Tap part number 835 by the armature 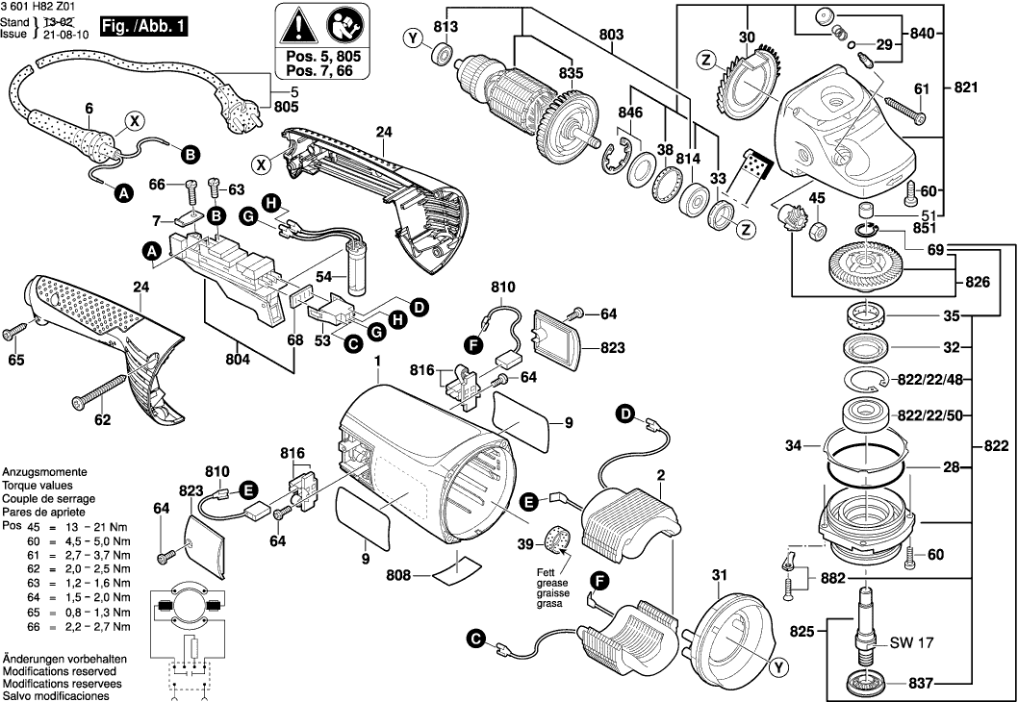click(x=571, y=72)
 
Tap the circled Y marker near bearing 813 click(x=413, y=39)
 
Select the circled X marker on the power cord click(x=135, y=122)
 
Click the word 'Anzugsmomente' click(x=44, y=474)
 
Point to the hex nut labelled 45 click(x=816, y=229)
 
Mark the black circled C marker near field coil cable click(x=475, y=636)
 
